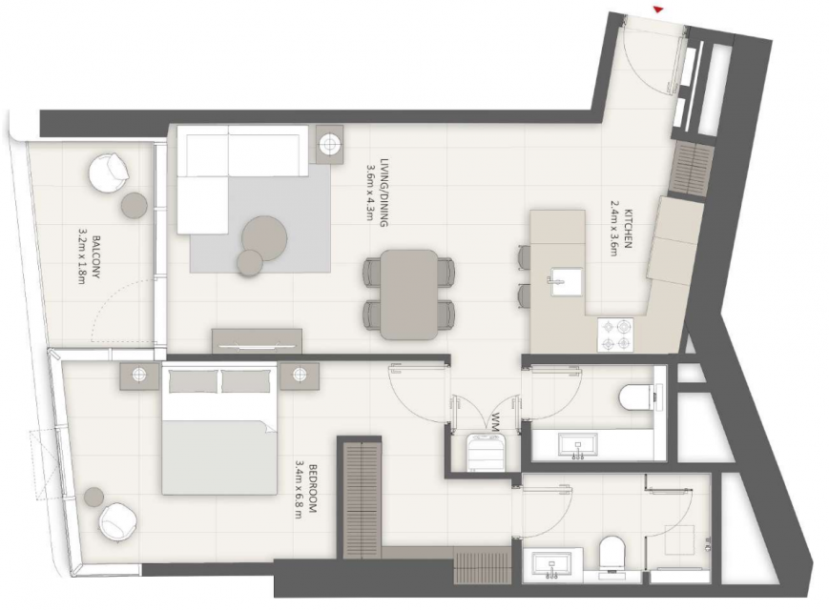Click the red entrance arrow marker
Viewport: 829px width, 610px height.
tap(658, 9)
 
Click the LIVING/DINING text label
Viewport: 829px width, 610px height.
tap(383, 193)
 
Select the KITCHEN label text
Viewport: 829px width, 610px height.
tap(628, 229)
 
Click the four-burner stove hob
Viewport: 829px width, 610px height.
tap(615, 335)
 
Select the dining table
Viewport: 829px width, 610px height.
tap(409, 295)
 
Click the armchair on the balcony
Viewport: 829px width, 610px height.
tap(110, 172)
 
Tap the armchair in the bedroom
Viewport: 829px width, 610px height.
tap(118, 521)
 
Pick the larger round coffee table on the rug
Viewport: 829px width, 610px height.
tap(265, 238)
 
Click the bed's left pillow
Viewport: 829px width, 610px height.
tap(193, 381)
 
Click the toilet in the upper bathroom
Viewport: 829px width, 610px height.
tap(636, 397)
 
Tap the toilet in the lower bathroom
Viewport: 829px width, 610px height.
tap(613, 554)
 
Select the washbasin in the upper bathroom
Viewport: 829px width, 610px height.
tap(579, 444)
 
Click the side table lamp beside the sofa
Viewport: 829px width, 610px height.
tap(330, 144)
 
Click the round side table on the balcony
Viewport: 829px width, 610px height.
tap(135, 206)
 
